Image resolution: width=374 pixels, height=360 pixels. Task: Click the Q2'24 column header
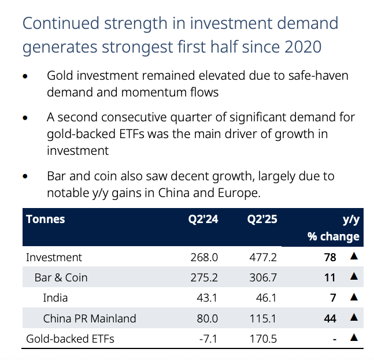point(202,220)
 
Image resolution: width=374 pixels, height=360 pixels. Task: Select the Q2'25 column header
point(262,220)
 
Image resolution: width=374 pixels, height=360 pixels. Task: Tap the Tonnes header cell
point(45,220)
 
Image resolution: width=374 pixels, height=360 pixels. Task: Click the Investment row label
point(54,257)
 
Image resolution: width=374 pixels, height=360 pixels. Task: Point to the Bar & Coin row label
point(61,277)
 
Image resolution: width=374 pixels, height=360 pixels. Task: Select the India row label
point(55,298)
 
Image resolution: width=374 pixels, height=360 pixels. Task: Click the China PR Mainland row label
point(90,318)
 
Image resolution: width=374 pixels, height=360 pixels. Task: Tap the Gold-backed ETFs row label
point(70,338)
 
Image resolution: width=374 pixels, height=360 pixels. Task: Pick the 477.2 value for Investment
point(262,257)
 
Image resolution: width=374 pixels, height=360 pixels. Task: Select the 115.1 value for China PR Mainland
point(264,318)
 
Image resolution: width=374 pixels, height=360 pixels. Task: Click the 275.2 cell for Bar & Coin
point(203,277)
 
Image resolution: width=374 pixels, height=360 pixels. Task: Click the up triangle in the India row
point(354,297)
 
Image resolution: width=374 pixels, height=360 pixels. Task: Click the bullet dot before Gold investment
point(25,76)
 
